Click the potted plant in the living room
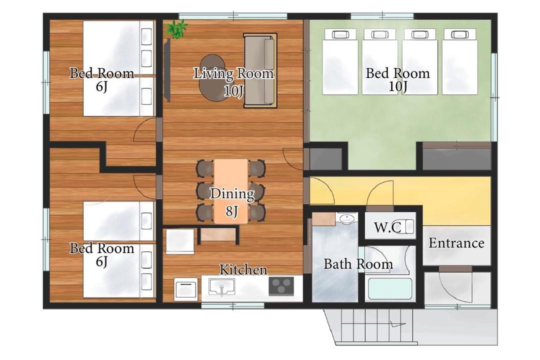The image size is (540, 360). [176, 28]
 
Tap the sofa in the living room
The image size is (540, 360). [260, 70]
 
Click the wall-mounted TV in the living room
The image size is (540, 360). [167, 70]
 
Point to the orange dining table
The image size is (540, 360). [230, 191]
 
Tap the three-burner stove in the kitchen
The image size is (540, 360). [281, 286]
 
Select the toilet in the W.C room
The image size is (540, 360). [406, 226]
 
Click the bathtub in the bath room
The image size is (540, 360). [390, 288]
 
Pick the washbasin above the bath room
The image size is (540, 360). [347, 218]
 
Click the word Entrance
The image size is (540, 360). [456, 243]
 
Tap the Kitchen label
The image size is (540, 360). [243, 269]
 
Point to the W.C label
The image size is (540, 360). [387, 227]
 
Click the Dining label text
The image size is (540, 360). [232, 193]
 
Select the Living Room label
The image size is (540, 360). [233, 73]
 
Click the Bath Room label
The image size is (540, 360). [358, 264]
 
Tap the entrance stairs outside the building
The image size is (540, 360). [376, 326]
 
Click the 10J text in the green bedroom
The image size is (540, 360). [398, 86]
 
